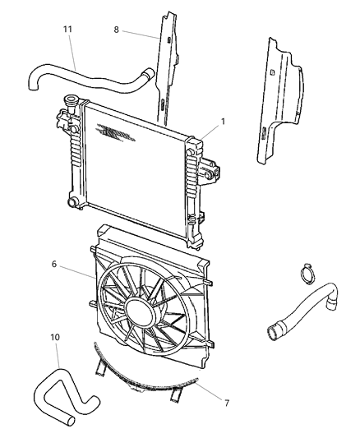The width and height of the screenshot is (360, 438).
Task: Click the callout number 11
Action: coord(68,29)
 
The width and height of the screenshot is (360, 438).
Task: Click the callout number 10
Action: coord(55,337)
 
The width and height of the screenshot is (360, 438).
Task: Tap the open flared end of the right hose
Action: coord(272,332)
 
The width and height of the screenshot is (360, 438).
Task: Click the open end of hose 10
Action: coord(72,422)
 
